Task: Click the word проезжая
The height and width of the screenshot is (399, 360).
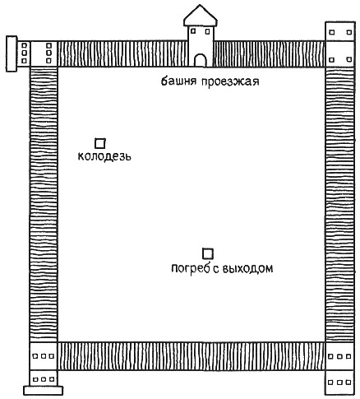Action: tap(230, 81)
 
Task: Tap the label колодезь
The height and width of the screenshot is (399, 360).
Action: tap(104, 156)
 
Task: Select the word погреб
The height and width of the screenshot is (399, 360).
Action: tap(189, 268)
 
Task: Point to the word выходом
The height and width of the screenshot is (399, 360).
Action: tap(247, 268)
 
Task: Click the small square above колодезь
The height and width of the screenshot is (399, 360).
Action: tap(100, 143)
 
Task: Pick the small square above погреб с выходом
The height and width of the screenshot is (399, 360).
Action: tap(208, 253)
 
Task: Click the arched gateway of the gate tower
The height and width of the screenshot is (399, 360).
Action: tap(201, 60)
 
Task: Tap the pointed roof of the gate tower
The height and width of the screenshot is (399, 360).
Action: tap(201, 16)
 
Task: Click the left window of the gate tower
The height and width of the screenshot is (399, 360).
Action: tap(193, 31)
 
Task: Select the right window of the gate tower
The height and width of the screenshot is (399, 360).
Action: tap(208, 31)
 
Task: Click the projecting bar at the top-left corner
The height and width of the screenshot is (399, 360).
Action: tap(12, 53)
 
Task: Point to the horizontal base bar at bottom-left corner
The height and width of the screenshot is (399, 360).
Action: tap(43, 391)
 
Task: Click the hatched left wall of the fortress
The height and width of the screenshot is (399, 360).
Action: tap(44, 204)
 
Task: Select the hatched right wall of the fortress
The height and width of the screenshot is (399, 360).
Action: tap(339, 204)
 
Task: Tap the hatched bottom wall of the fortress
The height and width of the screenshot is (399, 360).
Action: tap(192, 356)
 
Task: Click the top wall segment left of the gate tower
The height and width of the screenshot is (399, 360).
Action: tap(122, 53)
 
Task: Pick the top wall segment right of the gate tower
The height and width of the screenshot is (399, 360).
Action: tap(269, 53)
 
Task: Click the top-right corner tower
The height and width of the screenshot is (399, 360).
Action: tap(340, 44)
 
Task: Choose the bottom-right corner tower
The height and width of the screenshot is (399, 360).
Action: tap(340, 369)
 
